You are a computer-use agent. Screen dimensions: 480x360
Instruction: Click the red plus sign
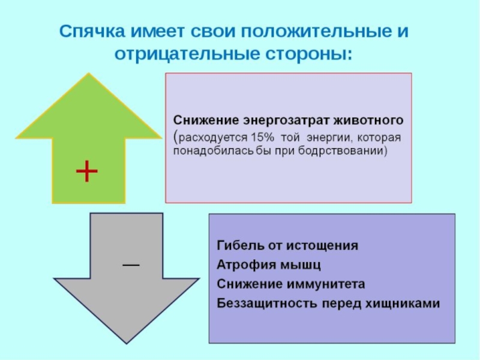[87, 172]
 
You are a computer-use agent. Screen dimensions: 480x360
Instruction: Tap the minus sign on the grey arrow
[131, 265]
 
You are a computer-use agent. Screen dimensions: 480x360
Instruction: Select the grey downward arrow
[115, 282]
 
